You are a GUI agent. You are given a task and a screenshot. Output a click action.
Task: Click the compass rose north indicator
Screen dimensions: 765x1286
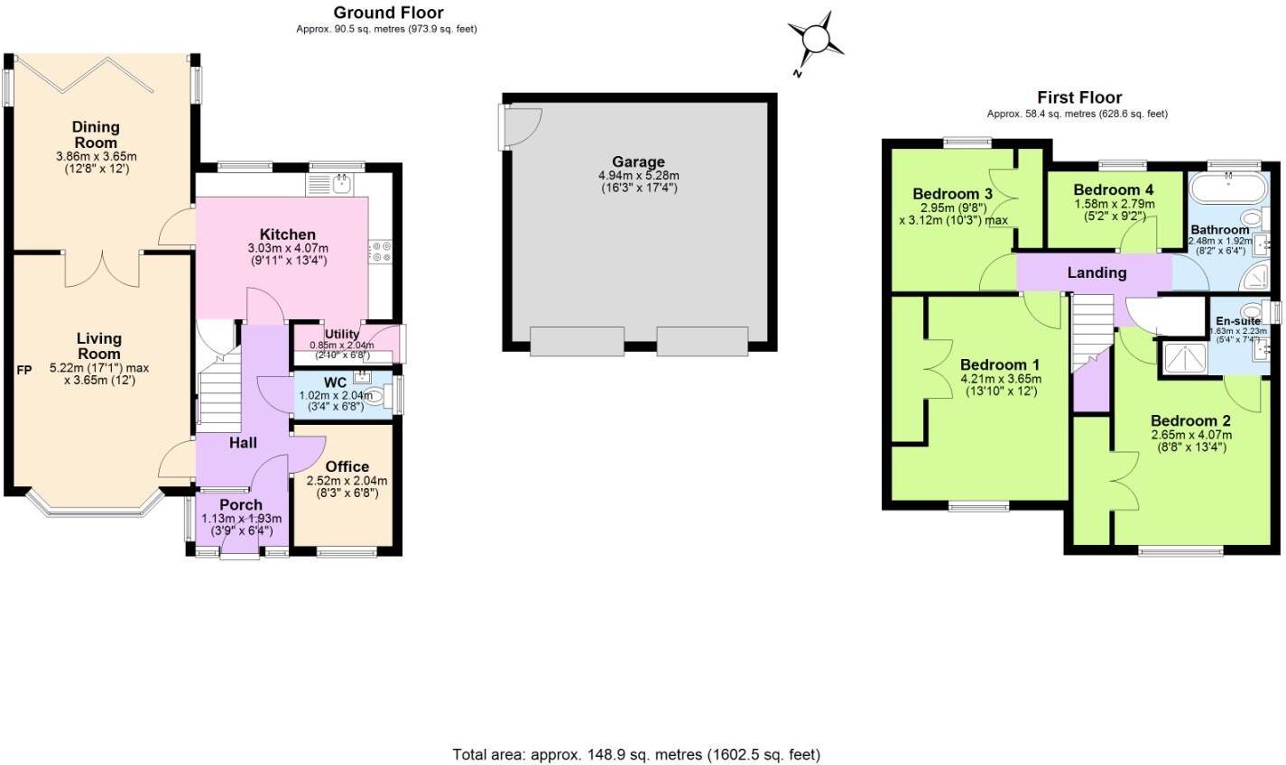tap(815, 40)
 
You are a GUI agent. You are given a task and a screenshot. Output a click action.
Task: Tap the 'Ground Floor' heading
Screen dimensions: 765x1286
tap(388, 13)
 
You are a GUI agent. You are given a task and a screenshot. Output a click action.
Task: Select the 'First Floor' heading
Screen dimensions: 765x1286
tap(1079, 97)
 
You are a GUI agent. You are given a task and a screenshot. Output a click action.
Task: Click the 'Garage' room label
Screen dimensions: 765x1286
tap(638, 162)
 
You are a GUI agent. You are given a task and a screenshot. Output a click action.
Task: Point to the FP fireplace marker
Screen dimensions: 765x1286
tap(24, 370)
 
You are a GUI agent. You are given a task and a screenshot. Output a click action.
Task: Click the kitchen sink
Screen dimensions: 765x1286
tap(341, 184)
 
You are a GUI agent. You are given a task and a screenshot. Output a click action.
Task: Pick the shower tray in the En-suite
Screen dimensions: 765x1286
tap(1184, 357)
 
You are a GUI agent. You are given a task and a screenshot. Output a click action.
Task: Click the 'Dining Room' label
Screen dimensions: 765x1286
tap(96, 134)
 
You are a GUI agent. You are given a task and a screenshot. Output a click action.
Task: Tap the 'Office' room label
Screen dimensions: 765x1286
tap(347, 466)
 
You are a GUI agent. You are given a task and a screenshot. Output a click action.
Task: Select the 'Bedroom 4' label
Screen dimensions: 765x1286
tap(1114, 189)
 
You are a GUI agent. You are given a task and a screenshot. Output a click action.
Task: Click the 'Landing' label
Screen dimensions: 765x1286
tap(1096, 272)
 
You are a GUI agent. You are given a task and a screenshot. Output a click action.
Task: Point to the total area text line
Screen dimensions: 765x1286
tap(635, 754)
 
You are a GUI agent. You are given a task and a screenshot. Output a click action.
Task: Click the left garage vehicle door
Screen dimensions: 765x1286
tap(577, 342)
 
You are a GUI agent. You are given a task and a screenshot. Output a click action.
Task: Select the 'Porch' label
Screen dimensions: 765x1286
tap(241, 504)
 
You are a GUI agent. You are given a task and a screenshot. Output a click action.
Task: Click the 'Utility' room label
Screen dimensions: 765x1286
tap(342, 335)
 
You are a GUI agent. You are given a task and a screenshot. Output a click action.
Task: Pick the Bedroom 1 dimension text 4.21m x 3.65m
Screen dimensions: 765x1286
tap(999, 379)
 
